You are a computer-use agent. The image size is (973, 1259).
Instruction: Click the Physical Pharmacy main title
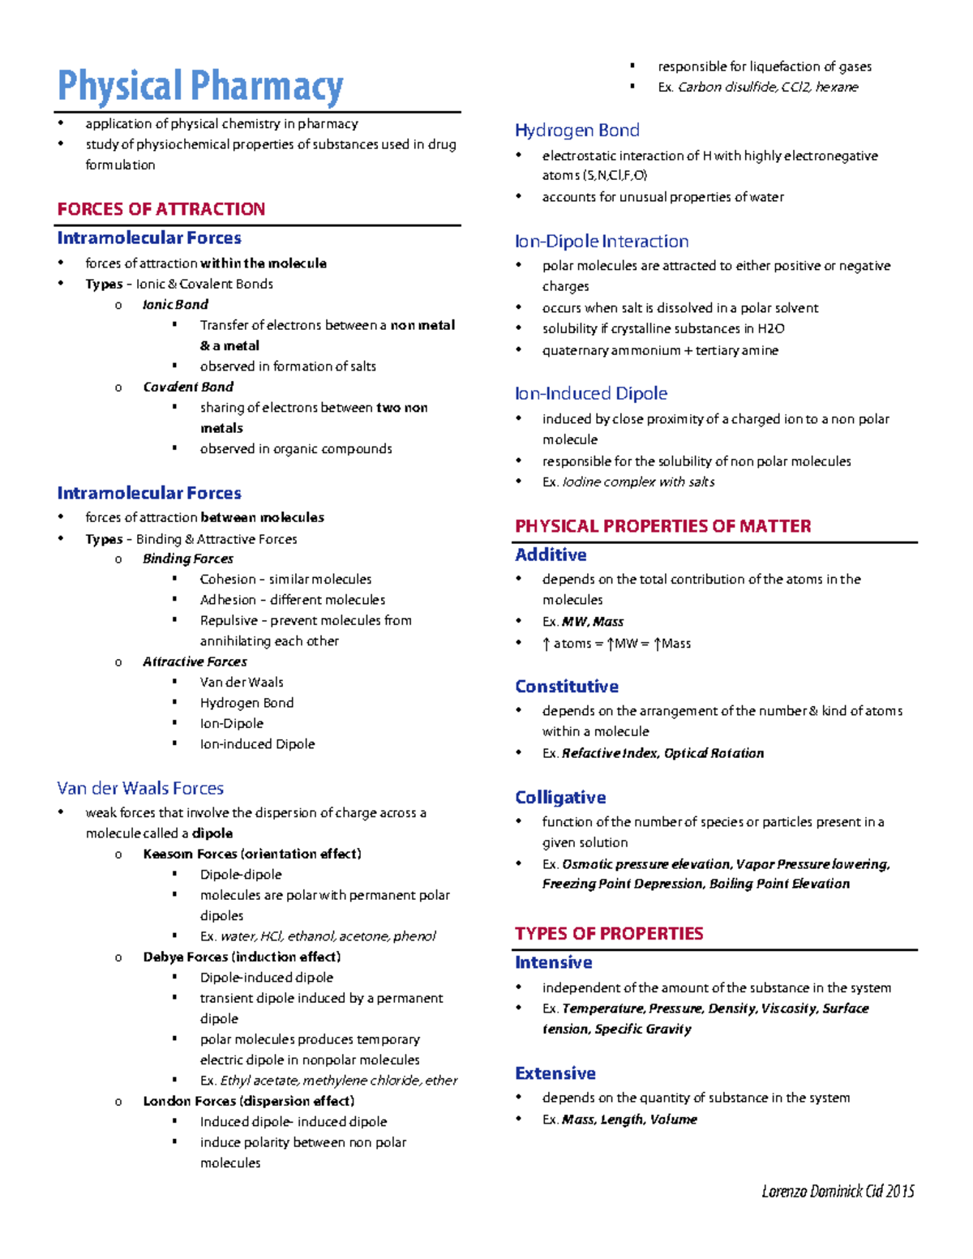coord(200,87)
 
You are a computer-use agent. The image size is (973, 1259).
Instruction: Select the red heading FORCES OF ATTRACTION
coord(161,209)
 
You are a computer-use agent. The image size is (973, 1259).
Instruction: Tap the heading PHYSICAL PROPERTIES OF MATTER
coord(662,526)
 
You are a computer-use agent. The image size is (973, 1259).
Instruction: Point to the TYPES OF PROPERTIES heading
coord(609,934)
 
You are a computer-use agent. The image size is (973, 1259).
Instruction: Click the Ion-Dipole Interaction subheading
coord(602,242)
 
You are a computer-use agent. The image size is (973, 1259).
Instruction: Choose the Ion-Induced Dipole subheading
coord(591,394)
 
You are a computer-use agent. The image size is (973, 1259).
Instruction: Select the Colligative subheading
coord(560,798)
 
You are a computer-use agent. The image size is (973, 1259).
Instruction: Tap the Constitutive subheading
coord(567,687)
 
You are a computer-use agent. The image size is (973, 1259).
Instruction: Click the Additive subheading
coord(551,555)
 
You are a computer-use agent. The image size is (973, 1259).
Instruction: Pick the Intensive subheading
coord(554,963)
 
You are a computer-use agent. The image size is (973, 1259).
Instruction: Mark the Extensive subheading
coord(555,1073)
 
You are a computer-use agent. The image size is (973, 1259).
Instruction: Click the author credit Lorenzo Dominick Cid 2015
coord(838,1191)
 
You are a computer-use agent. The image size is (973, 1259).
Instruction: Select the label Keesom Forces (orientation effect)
coord(252,854)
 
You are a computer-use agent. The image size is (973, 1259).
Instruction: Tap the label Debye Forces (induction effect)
coord(242,957)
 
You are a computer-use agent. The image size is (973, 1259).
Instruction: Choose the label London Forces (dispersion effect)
coord(248,1101)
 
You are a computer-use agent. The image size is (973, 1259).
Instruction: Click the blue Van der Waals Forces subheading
coord(140,788)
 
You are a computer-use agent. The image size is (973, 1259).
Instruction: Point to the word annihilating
coord(235,640)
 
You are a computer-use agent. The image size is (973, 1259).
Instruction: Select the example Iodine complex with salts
coord(638,482)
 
